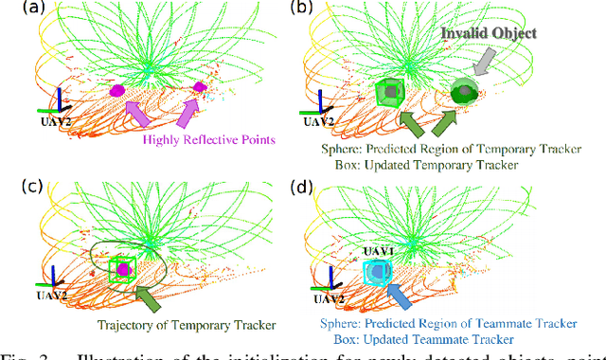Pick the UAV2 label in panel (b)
[318, 122]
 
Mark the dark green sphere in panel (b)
[464, 93]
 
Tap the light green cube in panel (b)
[388, 93]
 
